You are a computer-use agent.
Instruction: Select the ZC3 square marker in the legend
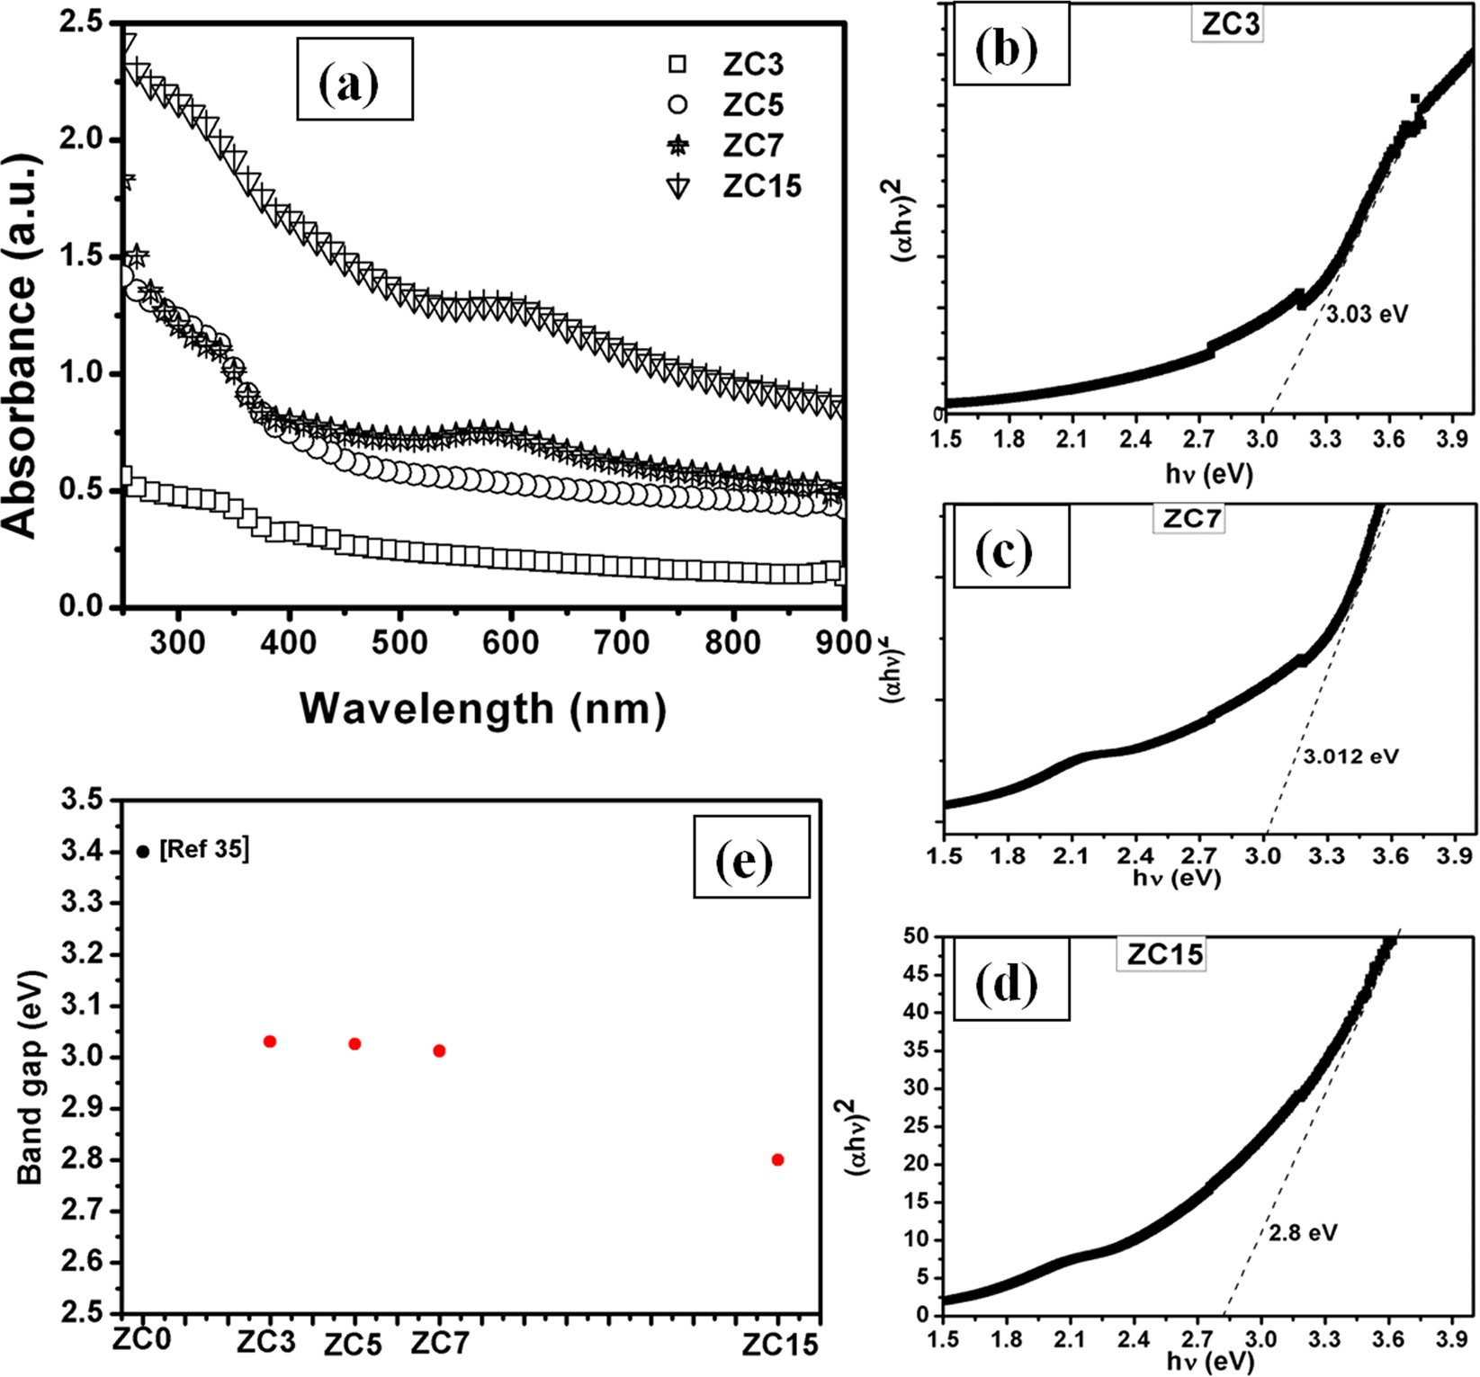coord(677,64)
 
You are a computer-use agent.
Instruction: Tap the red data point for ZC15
coord(777,1159)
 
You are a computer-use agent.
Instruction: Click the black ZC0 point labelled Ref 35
coord(143,851)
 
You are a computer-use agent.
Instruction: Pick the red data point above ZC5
coord(354,1044)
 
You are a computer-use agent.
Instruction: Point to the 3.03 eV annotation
coord(1367,315)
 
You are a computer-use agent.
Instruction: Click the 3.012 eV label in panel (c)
coord(1351,756)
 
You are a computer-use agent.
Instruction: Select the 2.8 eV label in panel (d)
coord(1303,1232)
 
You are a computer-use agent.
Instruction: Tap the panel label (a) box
coord(354,79)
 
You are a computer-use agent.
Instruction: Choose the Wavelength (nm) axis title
coord(483,709)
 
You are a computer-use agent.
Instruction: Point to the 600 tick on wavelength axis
coord(510,641)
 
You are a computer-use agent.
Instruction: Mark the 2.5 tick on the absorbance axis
coord(80,22)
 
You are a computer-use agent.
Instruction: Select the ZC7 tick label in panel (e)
coord(440,1343)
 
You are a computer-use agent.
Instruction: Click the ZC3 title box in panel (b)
coord(1230,24)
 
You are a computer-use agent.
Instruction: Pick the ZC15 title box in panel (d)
coord(1164,953)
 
